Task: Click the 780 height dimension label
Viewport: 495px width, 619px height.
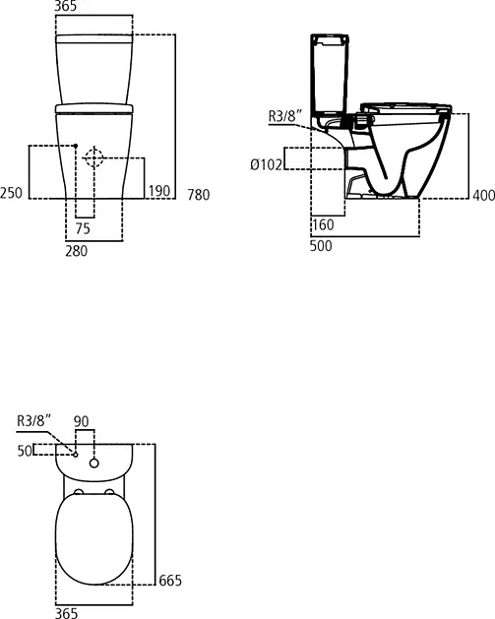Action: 198,195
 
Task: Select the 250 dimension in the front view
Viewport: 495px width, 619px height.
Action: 11,193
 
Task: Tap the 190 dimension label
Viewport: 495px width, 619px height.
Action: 159,191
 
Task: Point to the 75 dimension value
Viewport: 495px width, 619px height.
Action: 83,228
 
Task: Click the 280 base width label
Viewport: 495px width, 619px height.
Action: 76,251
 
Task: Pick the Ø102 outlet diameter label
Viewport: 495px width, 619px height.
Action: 267,164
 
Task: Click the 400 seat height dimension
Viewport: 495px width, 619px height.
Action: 483,195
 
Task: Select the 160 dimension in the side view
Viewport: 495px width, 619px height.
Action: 324,225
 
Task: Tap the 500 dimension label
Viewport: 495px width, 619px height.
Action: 321,246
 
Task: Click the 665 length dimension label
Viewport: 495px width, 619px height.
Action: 170,581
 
